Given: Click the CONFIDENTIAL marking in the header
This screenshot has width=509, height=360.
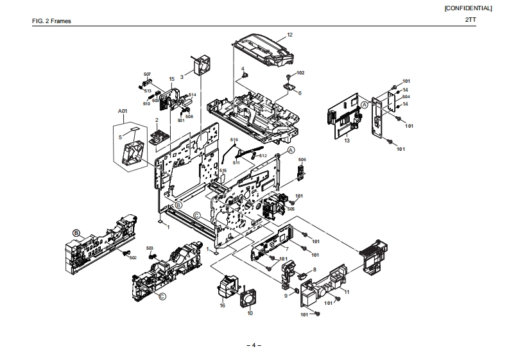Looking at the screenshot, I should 468,8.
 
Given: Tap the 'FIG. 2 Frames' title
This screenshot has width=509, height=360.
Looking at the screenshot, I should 51,21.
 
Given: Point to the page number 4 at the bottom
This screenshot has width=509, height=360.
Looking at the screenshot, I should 254,345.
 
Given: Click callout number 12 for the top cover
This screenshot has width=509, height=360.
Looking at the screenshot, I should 289,34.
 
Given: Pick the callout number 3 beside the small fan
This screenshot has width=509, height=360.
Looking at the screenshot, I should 182,76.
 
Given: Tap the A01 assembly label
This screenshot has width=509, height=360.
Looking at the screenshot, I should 123,111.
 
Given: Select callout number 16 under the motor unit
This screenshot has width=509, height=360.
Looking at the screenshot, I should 222,305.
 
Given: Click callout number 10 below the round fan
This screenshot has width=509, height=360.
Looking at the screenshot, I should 250,313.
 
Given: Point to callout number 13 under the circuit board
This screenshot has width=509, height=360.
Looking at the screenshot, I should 347,139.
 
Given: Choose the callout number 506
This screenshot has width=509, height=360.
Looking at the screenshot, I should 302,159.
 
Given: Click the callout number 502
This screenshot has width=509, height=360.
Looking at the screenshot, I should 133,257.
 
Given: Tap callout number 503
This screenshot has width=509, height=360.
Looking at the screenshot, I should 150,248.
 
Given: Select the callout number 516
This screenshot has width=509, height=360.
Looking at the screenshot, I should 234,140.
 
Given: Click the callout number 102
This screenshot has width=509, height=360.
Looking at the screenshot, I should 300,73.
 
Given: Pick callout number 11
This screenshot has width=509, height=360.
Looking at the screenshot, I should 347,292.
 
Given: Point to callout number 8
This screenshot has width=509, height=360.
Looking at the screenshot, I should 315,269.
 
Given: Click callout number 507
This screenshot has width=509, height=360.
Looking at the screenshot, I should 146,75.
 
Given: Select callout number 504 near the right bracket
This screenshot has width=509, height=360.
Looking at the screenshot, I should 406,96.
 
